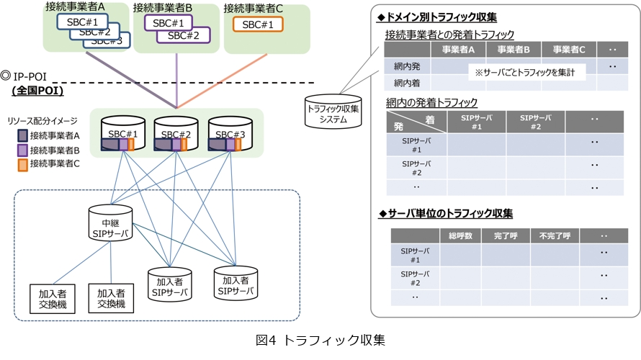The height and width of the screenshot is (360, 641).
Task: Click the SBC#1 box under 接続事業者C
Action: click(x=258, y=24)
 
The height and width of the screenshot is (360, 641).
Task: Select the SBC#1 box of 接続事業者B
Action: click(x=168, y=22)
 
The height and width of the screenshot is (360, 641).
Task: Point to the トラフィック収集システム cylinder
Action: click(x=332, y=111)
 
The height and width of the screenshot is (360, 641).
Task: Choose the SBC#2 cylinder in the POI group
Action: click(x=176, y=135)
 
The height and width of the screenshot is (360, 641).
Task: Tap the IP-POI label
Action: click(x=29, y=75)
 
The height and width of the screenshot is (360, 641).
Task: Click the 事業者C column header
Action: click(x=568, y=50)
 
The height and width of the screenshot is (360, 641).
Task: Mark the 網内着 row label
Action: click(x=407, y=83)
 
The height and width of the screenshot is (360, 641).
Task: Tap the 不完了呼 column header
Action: click(x=555, y=235)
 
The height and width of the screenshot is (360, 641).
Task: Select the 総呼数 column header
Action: click(x=460, y=235)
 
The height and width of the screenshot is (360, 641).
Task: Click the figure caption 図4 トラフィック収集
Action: click(x=320, y=339)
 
